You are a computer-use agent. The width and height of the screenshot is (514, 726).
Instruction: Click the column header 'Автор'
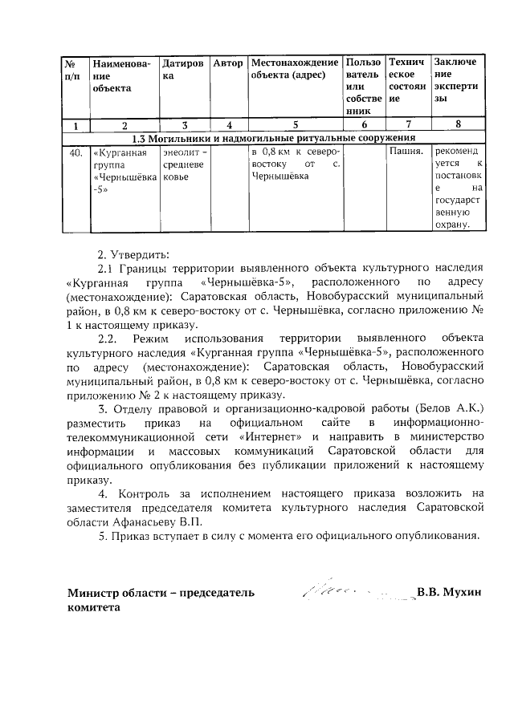pyautogui.click(x=228, y=63)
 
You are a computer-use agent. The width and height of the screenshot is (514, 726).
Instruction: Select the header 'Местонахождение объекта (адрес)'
pyautogui.click(x=294, y=69)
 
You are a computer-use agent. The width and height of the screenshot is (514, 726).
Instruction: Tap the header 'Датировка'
pyautogui.click(x=182, y=69)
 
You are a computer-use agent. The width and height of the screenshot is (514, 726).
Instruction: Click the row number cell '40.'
pyautogui.click(x=75, y=152)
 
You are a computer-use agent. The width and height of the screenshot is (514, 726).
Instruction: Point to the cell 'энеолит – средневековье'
pyautogui.click(x=184, y=164)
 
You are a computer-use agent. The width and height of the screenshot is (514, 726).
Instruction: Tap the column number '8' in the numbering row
pyautogui.click(x=458, y=124)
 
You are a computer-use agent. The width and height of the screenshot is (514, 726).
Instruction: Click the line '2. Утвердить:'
pyautogui.click(x=128, y=255)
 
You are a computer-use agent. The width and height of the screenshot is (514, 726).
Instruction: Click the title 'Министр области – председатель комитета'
pyautogui.click(x=161, y=601)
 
